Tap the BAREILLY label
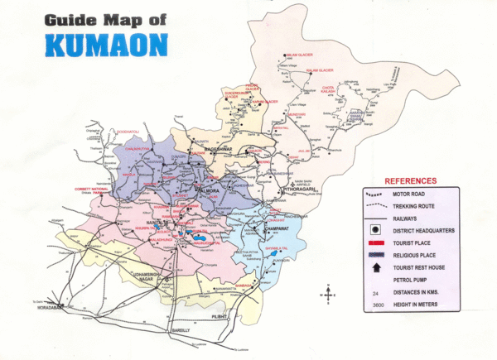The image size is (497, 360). click(x=181, y=329)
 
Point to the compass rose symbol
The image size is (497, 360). click(x=329, y=292)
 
